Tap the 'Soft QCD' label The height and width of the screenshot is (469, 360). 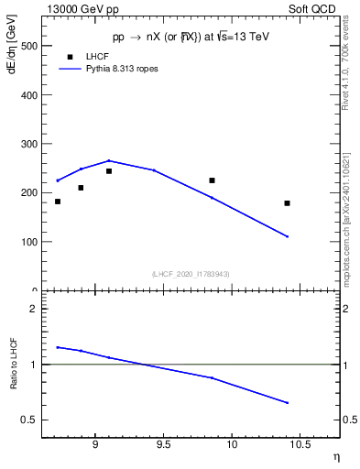pos(313,8)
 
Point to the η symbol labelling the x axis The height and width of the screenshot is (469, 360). pos(335,457)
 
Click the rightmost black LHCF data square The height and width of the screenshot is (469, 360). pos(287,203)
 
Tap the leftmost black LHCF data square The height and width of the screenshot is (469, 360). pos(58,202)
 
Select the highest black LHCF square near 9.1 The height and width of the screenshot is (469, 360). pos(109,171)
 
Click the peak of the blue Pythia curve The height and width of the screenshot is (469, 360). pos(109,160)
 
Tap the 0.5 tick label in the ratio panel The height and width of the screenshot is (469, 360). pos(29,420)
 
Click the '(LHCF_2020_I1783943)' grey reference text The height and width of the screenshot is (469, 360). pos(191,274)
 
